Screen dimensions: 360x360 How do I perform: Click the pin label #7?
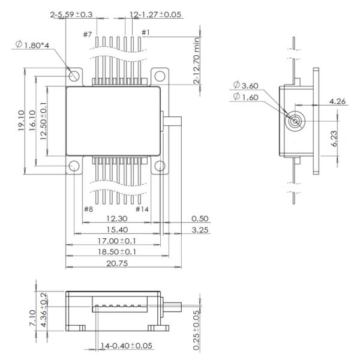click(x=88, y=34)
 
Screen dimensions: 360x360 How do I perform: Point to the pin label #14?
click(x=143, y=209)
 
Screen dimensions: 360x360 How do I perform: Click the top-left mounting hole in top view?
click(x=74, y=76)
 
